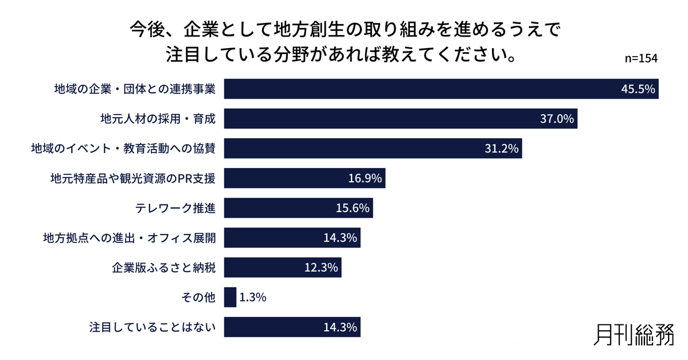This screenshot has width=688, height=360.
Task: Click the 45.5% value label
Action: tap(638, 89)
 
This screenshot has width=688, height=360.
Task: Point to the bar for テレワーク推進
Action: tap(298, 208)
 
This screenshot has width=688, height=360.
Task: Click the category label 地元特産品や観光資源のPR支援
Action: tap(133, 178)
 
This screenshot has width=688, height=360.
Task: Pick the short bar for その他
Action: tap(230, 298)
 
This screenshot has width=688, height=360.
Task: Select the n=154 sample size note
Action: tap(640, 59)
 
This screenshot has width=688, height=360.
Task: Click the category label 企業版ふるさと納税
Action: tap(163, 268)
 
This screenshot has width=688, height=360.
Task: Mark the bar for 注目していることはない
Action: tap(292, 327)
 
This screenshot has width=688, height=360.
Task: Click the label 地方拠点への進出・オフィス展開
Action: tap(130, 238)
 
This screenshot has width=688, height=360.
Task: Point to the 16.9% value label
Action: tap(365, 178)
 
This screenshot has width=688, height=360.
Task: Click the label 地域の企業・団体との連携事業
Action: tap(134, 89)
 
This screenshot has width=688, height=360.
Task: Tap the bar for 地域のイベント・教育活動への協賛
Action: tap(373, 148)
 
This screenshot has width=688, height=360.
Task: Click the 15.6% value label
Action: tap(353, 208)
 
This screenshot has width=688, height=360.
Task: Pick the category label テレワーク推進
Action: tap(175, 208)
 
